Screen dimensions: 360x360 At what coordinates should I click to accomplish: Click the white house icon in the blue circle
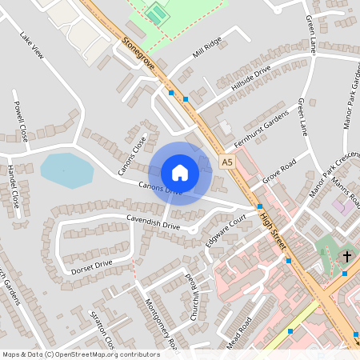point(179,173)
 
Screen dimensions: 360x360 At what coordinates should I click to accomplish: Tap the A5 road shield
point(228,162)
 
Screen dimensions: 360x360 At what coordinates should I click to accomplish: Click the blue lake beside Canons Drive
point(66,170)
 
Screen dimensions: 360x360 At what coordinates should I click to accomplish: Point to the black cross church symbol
point(346,257)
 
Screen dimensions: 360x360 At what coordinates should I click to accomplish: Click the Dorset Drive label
point(92,263)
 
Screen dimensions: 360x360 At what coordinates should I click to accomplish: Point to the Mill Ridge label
point(207,47)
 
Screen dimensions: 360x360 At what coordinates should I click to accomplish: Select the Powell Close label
point(20,121)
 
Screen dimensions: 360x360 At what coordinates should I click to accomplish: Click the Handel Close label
point(13,186)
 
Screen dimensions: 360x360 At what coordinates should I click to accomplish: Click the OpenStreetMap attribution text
point(80,354)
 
